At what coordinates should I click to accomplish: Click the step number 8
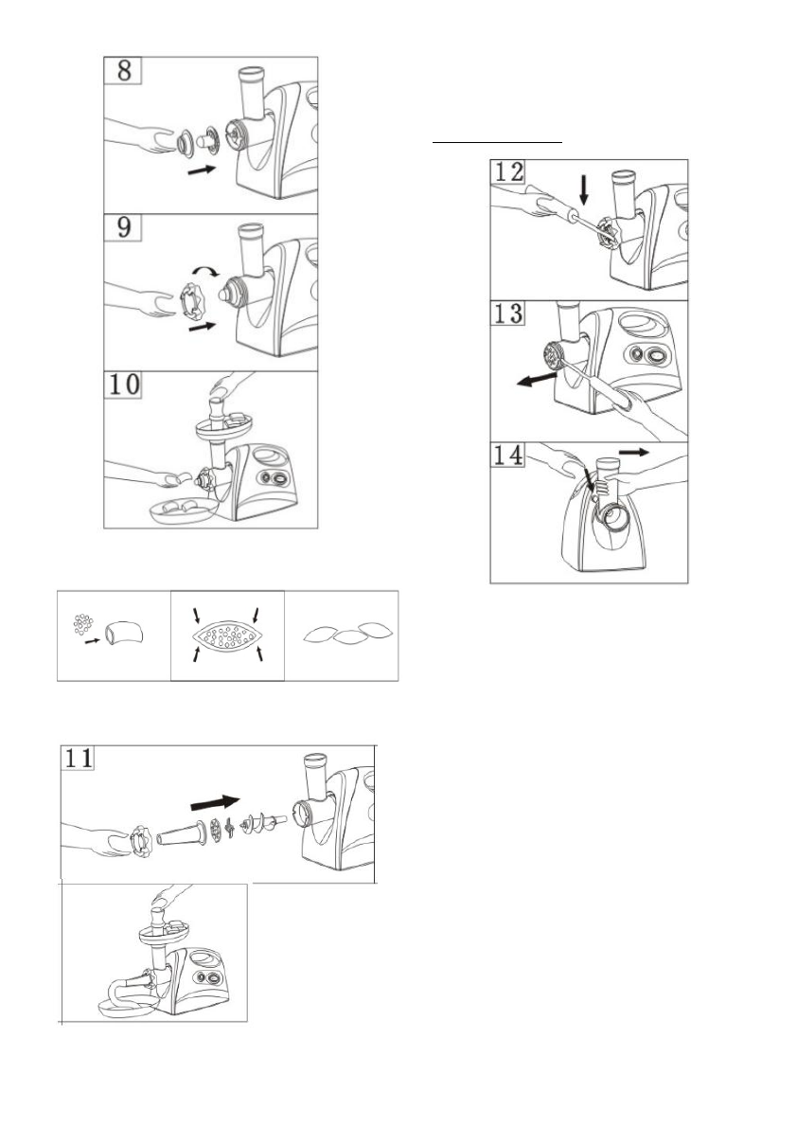[x=124, y=72]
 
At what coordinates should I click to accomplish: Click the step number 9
[x=124, y=228]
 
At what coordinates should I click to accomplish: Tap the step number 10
[x=124, y=385]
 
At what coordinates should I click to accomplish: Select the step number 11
[x=80, y=759]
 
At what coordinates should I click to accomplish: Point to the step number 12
[x=509, y=172]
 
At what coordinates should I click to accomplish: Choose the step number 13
[x=509, y=314]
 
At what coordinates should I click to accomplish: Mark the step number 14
[x=509, y=456]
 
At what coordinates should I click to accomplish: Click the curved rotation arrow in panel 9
[x=204, y=269]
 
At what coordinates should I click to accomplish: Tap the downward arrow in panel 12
[x=584, y=190]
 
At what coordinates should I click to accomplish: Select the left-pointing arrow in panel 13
[x=538, y=379]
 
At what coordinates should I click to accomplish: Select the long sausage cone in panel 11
[x=183, y=836]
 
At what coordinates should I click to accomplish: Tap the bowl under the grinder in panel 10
[x=181, y=510]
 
